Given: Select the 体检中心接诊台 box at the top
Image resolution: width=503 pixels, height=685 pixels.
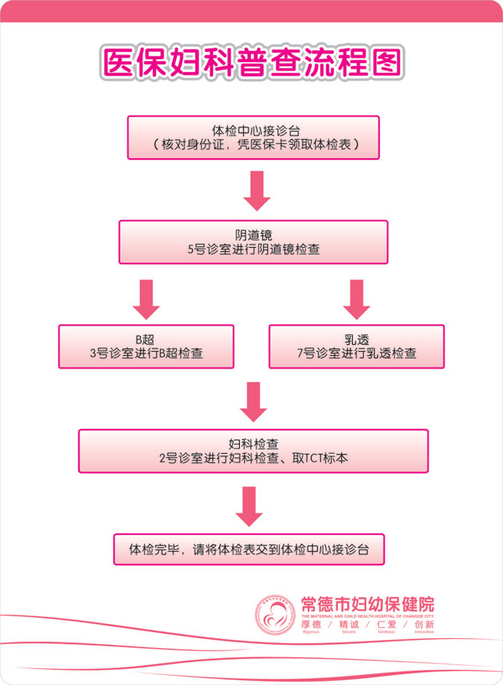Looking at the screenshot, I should click(x=252, y=137).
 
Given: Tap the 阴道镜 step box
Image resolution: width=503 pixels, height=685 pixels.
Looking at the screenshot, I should click(x=252, y=241).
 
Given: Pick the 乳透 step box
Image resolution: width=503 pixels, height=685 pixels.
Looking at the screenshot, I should click(x=356, y=346).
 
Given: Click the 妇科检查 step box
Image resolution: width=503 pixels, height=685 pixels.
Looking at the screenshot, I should click(x=252, y=451).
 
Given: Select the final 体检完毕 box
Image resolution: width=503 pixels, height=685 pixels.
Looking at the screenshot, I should click(x=248, y=550).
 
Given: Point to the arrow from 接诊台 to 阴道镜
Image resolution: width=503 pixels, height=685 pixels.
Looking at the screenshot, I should click(x=257, y=190).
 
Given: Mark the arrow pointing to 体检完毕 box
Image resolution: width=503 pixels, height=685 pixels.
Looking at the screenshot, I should click(x=249, y=506).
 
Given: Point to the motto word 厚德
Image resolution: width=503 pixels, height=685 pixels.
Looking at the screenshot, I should click(x=310, y=625).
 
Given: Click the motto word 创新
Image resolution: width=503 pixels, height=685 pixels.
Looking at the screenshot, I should click(x=423, y=625).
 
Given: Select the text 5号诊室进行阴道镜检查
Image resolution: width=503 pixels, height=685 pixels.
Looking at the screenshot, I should click(x=252, y=250).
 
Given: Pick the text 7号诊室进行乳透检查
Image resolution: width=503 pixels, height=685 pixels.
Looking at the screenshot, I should click(x=356, y=354).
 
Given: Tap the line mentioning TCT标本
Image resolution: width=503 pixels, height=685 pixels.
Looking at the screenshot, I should click(x=252, y=459).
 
